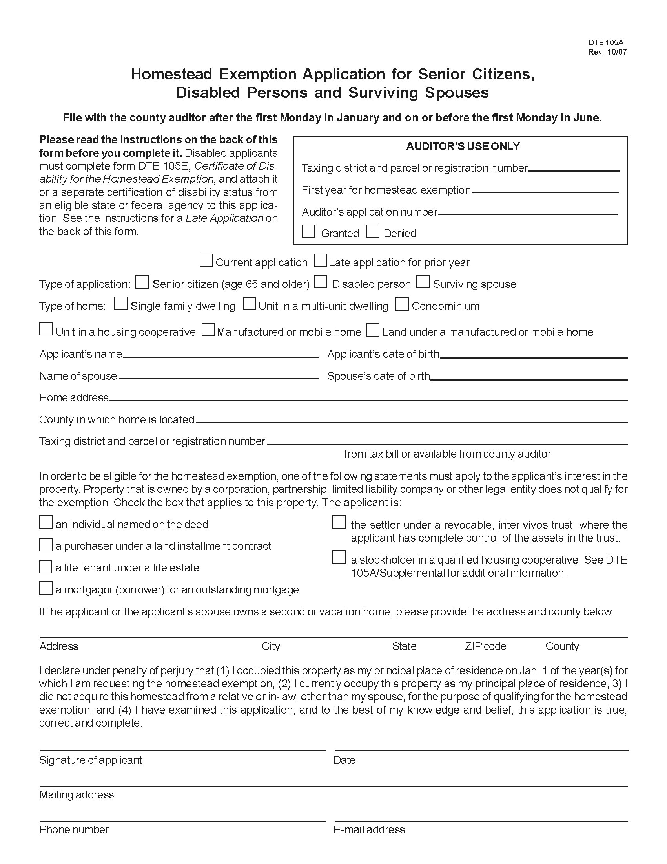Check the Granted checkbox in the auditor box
[308, 231]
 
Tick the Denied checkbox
[372, 231]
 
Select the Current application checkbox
[206, 261]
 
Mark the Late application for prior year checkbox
[321, 261]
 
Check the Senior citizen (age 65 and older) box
[142, 282]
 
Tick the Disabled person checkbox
[321, 282]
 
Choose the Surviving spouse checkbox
[423, 282]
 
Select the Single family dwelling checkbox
[121, 304]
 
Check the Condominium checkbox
[402, 304]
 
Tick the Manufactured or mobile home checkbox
[208, 330]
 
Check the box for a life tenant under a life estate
[46, 567]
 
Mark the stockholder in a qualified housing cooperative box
[339, 557]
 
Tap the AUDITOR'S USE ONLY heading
[463, 146]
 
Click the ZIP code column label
[485, 646]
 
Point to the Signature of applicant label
[91, 760]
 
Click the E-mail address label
[369, 829]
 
